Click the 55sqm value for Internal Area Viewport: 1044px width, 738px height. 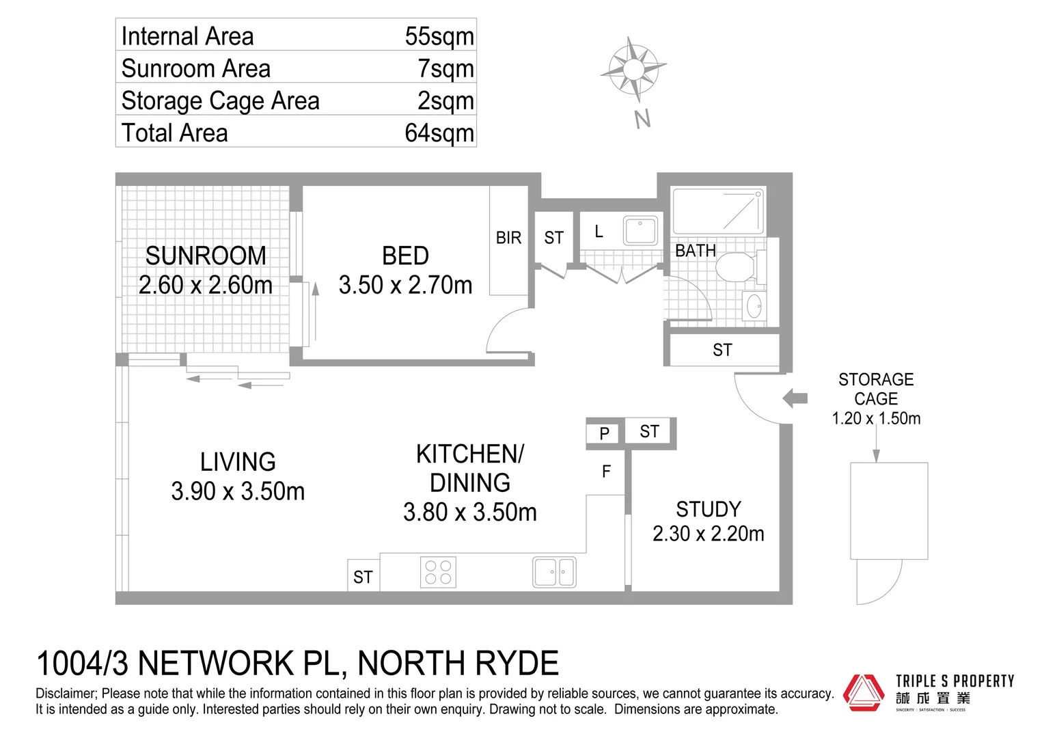pyautogui.click(x=439, y=36)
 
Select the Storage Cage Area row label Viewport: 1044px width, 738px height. pyautogui.click(x=220, y=100)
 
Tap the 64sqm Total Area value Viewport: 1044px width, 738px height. pyautogui.click(x=439, y=133)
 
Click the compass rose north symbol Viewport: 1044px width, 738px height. pyautogui.click(x=633, y=69)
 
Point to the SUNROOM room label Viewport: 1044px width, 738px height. pyautogui.click(x=206, y=256)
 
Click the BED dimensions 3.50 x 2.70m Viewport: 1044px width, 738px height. pyautogui.click(x=405, y=285)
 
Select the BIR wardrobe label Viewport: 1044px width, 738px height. pyautogui.click(x=508, y=238)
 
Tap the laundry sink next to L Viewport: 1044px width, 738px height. pyautogui.click(x=640, y=230)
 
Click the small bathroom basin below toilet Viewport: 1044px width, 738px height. pyautogui.click(x=754, y=306)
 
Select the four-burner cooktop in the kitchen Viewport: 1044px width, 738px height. pyautogui.click(x=438, y=573)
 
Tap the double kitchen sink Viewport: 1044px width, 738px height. pyautogui.click(x=554, y=573)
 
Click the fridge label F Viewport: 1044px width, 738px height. pyautogui.click(x=606, y=471)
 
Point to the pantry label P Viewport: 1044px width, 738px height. pyautogui.click(x=604, y=433)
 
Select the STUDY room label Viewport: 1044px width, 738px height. pyautogui.click(x=709, y=509)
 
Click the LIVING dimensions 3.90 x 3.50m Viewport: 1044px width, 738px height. pyautogui.click(x=238, y=491)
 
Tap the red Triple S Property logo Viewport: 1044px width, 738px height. pyautogui.click(x=864, y=693)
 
